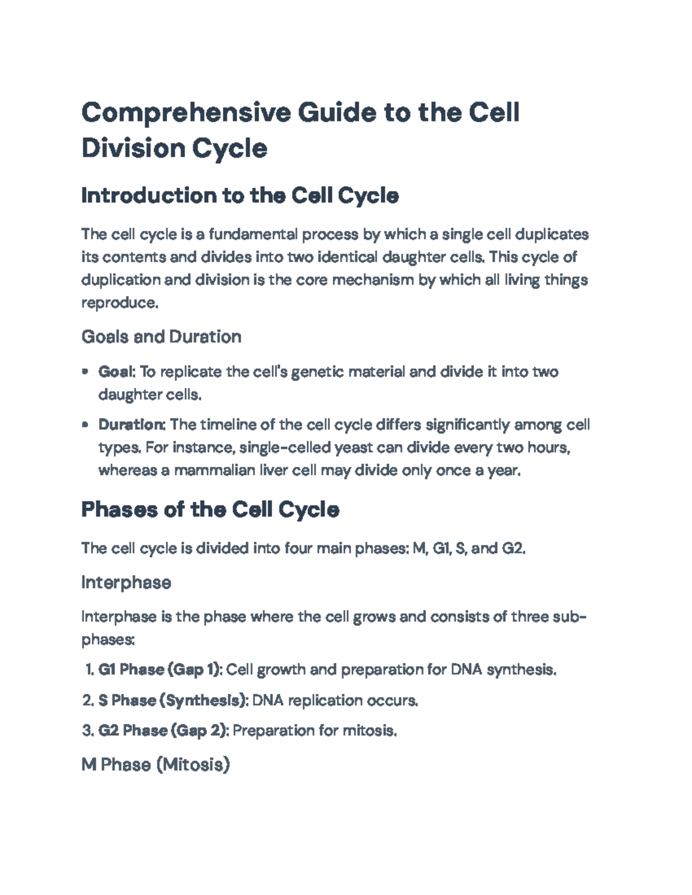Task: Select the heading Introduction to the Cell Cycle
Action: [240, 196]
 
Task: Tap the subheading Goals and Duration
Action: [161, 337]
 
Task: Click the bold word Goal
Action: [115, 372]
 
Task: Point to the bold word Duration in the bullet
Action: [131, 425]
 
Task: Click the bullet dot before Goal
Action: [85, 372]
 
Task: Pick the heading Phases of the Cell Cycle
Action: [210, 509]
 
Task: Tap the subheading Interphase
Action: [126, 583]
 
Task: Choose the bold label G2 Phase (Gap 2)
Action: [164, 731]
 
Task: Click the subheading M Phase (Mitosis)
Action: [156, 765]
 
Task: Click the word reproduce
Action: [118, 303]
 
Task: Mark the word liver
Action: [273, 471]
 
